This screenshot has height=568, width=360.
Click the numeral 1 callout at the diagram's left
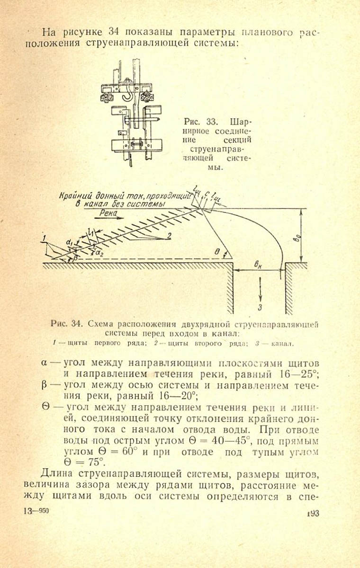pyautogui.click(x=44, y=238)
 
